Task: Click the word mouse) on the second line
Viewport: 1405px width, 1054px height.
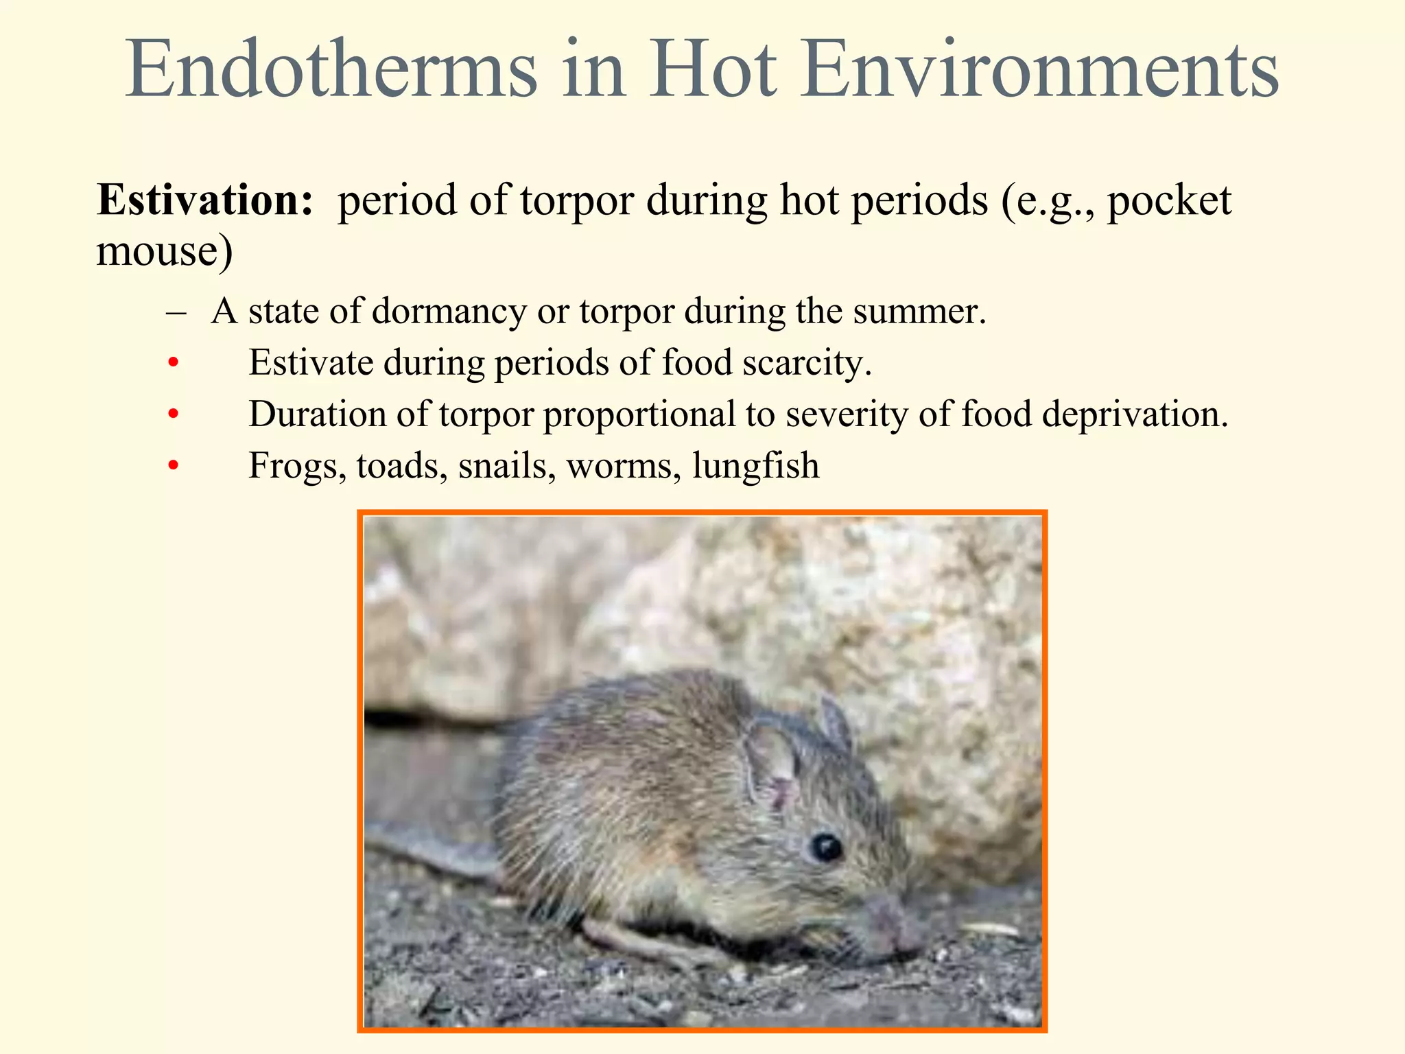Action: coord(165,250)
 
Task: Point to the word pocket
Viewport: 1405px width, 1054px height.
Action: coord(1170,201)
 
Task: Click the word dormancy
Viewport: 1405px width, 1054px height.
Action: coord(449,312)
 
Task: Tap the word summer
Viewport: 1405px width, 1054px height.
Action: coord(919,312)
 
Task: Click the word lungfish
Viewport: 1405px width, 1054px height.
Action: coord(755,466)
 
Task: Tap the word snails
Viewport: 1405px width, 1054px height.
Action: coord(507,466)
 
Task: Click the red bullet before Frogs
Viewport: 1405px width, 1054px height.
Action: coord(174,466)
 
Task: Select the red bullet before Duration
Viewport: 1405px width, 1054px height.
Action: coord(174,414)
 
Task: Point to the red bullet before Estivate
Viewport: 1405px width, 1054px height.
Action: coord(174,362)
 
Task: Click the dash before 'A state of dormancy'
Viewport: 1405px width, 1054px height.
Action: coord(176,312)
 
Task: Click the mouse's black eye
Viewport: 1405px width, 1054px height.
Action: coord(826,847)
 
